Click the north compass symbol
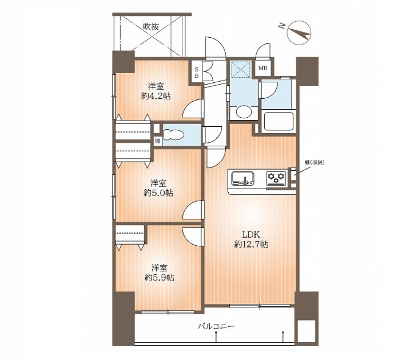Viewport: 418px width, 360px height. click(299, 33)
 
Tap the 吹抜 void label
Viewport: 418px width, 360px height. click(151, 27)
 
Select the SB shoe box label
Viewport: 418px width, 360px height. click(197, 72)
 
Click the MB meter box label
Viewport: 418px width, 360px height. click(262, 69)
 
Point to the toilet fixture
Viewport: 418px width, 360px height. click(174, 135)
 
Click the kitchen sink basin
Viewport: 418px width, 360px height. click(242, 178)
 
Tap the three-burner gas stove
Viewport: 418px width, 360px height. click(276, 178)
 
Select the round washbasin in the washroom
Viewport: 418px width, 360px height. click(244, 112)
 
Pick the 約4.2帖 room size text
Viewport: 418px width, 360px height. click(156, 96)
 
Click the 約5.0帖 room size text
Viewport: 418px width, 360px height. click(158, 193)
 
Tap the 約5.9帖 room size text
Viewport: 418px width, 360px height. click(160, 278)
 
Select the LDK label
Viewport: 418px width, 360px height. click(251, 235)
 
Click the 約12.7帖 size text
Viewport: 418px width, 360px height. click(251, 244)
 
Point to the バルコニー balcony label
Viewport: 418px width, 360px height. click(216, 326)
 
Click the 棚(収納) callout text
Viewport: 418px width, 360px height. click(315, 162)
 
